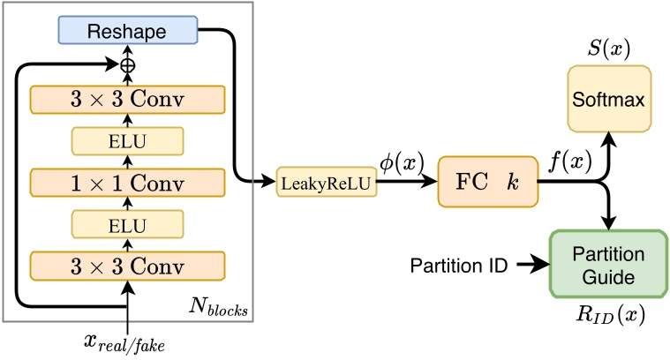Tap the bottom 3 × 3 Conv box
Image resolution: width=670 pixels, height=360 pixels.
click(127, 266)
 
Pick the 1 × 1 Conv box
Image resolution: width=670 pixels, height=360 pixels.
click(127, 183)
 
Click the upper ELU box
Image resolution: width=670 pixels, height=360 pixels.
click(127, 141)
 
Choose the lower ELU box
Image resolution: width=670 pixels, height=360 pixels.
click(127, 224)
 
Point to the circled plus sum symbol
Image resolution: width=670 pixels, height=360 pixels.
click(127, 65)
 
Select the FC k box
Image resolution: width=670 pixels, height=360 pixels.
click(488, 183)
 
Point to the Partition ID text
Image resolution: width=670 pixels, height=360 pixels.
click(457, 264)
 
